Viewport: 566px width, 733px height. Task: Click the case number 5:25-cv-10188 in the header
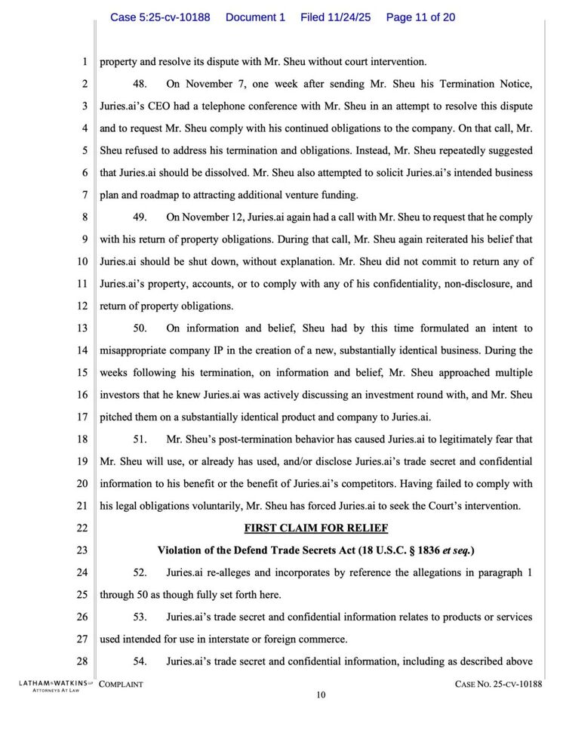point(160,17)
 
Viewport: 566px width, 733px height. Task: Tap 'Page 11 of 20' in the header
point(420,17)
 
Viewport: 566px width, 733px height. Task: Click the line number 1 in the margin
point(85,62)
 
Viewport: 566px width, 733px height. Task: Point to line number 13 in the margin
point(82,328)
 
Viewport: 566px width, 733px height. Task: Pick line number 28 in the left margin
point(82,662)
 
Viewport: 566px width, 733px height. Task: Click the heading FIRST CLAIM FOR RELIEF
point(316,528)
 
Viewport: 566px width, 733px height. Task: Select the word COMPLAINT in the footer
point(122,685)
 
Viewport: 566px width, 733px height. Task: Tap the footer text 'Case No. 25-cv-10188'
point(499,685)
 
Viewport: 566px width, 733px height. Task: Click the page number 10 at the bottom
point(321,696)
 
